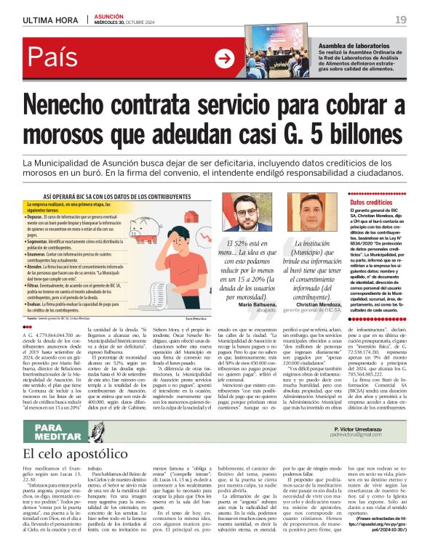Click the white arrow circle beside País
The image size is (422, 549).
(226, 59)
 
